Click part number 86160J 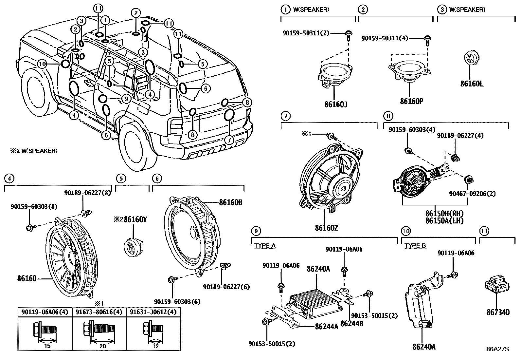(336, 104)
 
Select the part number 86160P (411, 101)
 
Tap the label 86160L (472, 84)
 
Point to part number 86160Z (327, 227)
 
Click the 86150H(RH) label (444, 214)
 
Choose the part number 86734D (498, 312)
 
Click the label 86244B (352, 324)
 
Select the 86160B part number (231, 202)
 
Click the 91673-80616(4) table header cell (99, 312)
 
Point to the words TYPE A (265, 245)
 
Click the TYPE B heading (415, 245)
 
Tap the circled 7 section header (286, 116)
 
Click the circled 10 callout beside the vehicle (42, 64)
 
